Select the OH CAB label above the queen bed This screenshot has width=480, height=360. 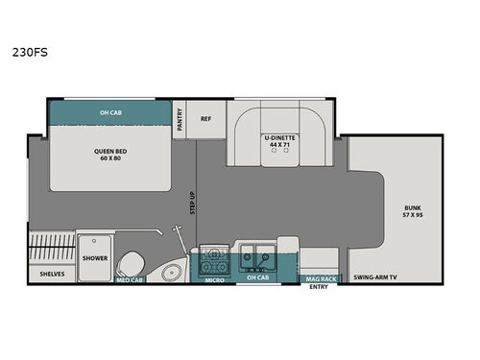click(x=110, y=112)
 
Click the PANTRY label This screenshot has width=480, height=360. click(x=180, y=119)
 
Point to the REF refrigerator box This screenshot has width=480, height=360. click(x=204, y=119)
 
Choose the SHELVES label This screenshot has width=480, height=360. click(x=52, y=275)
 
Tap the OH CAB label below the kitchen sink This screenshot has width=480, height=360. click(x=255, y=281)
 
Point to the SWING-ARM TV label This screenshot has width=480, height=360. click(x=376, y=275)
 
